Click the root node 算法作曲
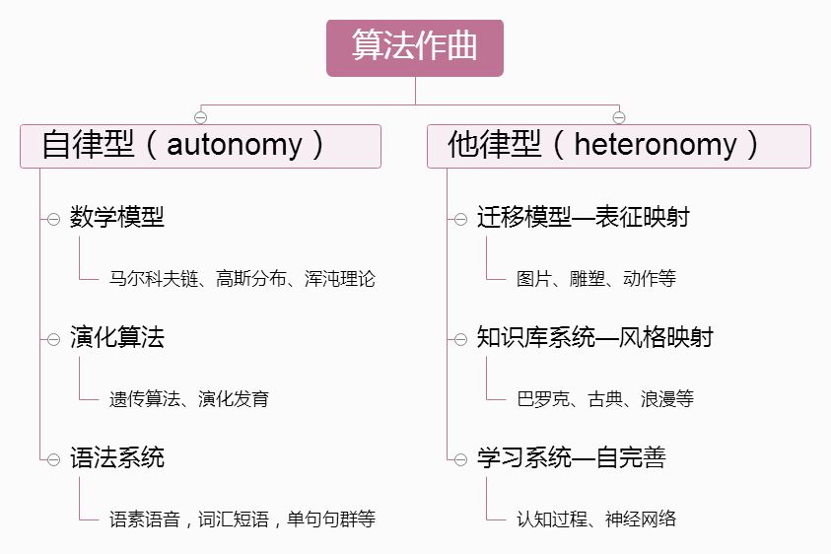[415, 47]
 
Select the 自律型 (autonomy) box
[200, 146]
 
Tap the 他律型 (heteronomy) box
[618, 146]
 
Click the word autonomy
[235, 146]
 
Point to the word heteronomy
[656, 146]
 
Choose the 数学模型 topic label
[117, 218]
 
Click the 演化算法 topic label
[117, 338]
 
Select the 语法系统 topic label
[117, 458]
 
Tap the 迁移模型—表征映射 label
[584, 218]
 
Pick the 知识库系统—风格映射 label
[595, 338]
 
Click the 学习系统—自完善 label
[572, 458]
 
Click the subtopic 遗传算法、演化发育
[189, 399]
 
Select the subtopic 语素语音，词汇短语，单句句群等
[242, 519]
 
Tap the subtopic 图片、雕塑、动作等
[596, 279]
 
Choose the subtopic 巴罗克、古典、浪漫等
[605, 399]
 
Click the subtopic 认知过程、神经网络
[596, 519]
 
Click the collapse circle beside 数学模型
[53, 219]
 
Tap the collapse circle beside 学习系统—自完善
[460, 459]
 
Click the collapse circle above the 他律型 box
[619, 117]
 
